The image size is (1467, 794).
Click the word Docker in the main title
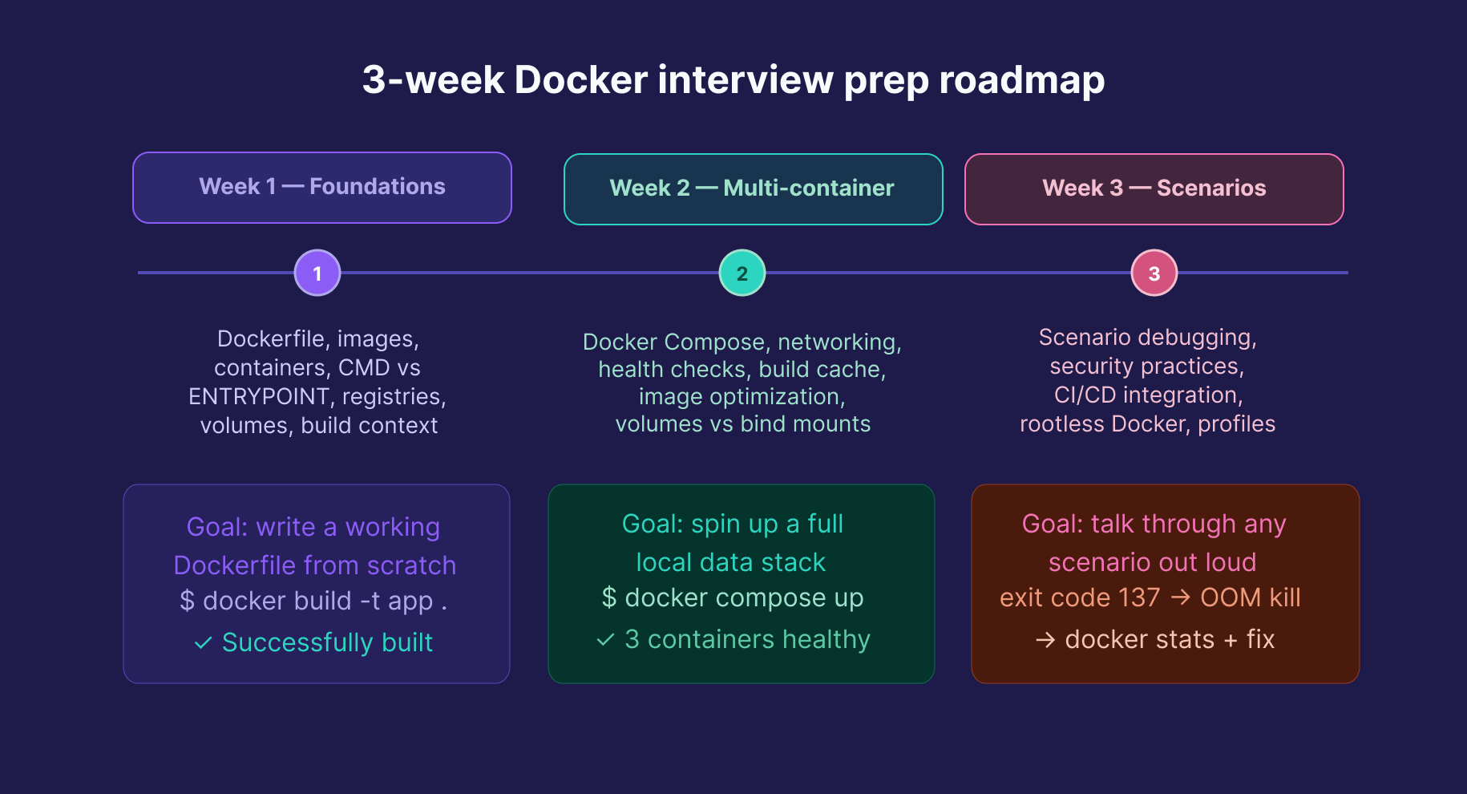pyautogui.click(x=580, y=80)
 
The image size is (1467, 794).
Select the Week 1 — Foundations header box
pyautogui.click(x=322, y=188)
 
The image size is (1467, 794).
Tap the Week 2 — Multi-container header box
pyautogui.click(x=753, y=189)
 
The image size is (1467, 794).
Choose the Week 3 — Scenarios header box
pyautogui.click(x=1154, y=189)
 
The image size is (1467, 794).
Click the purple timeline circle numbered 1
pyautogui.click(x=317, y=273)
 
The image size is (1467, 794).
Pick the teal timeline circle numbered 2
pyautogui.click(x=742, y=273)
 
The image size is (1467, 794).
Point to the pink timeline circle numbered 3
pyautogui.click(x=1154, y=273)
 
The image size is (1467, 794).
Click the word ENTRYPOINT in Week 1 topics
pyautogui.click(x=259, y=397)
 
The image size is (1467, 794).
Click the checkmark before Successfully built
pyautogui.click(x=204, y=643)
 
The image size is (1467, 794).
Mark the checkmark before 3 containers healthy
pyautogui.click(x=605, y=640)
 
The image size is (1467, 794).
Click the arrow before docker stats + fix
pyautogui.click(x=1045, y=640)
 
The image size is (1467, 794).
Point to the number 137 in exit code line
pyautogui.click(x=1140, y=598)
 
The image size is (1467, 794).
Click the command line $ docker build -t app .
pyautogui.click(x=313, y=602)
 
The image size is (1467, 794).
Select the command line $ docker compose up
pyautogui.click(x=733, y=598)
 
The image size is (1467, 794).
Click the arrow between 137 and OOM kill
pyautogui.click(x=1180, y=598)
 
